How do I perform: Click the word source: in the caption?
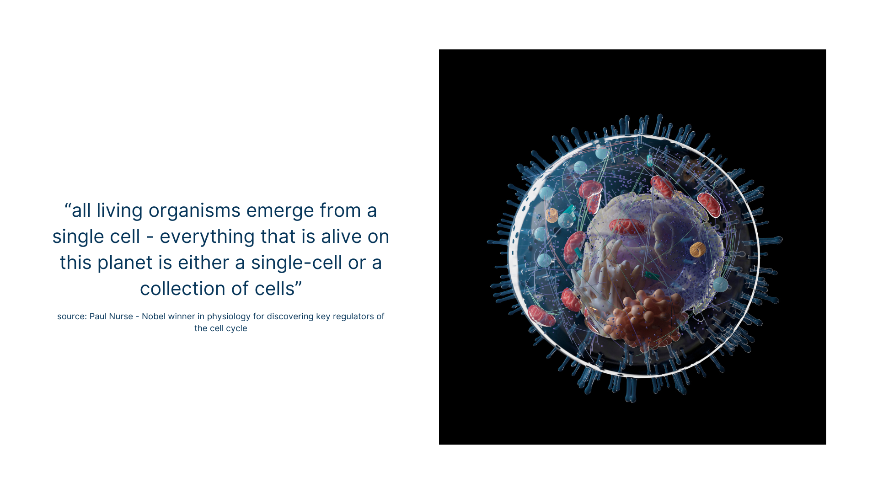point(72,317)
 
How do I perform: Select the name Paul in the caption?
point(98,317)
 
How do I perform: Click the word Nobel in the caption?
point(154,317)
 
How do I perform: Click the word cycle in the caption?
point(236,329)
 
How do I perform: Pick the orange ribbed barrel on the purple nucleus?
point(697,250)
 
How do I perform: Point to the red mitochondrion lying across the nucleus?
point(627,226)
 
